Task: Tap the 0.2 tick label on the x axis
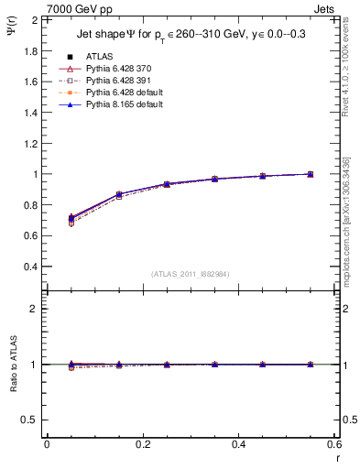point(143,444)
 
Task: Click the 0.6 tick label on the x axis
point(335,444)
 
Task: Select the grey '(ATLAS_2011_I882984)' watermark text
point(190,273)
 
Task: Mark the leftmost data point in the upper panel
point(71,219)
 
